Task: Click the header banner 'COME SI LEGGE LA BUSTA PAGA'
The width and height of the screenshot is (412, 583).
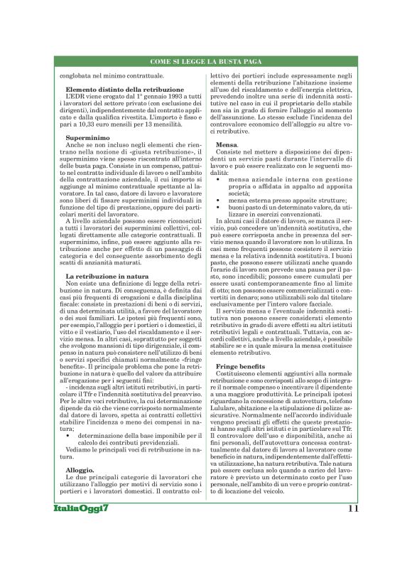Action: pyautogui.click(x=205, y=63)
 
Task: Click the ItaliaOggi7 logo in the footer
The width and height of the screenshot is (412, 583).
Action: pyautogui.click(x=80, y=550)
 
